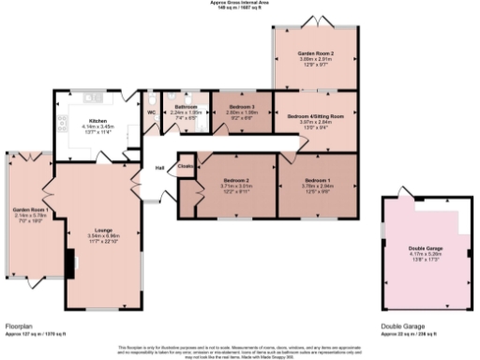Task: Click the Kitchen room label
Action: (x=97, y=121)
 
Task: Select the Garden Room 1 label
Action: (x=31, y=208)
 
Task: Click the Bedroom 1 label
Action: (x=317, y=179)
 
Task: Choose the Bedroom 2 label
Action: (x=236, y=180)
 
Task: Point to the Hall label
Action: (x=160, y=168)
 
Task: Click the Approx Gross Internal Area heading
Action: (x=240, y=3)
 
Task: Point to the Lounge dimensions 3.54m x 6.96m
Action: (x=100, y=234)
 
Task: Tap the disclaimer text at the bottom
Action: (x=240, y=349)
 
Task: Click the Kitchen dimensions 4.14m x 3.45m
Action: (x=97, y=127)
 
